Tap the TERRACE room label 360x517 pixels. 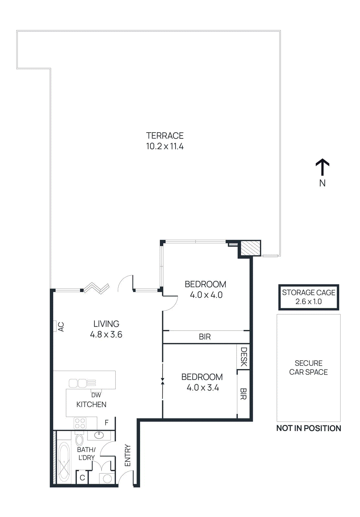pyautogui.click(x=165, y=136)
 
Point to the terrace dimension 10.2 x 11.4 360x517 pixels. pyautogui.click(x=165, y=146)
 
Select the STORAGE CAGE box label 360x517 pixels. pyautogui.click(x=308, y=293)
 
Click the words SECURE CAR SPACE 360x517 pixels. pyautogui.click(x=308, y=368)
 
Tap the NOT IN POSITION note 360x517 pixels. pyautogui.click(x=308, y=428)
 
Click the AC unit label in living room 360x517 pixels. pyautogui.click(x=61, y=327)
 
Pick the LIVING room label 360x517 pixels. pyautogui.click(x=106, y=324)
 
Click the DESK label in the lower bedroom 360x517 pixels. pyautogui.click(x=244, y=357)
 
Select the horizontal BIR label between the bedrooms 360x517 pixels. pyautogui.click(x=205, y=337)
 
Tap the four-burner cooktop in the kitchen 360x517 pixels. pyautogui.click(x=80, y=423)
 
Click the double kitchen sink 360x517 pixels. pyautogui.click(x=78, y=383)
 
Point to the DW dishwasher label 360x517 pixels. pyautogui.click(x=96, y=395)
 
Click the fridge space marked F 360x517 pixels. pyautogui.click(x=107, y=423)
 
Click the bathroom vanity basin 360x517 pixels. pyautogui.click(x=99, y=435)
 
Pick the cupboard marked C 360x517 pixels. pyautogui.click(x=82, y=478)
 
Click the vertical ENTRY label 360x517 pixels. pyautogui.click(x=128, y=456)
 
